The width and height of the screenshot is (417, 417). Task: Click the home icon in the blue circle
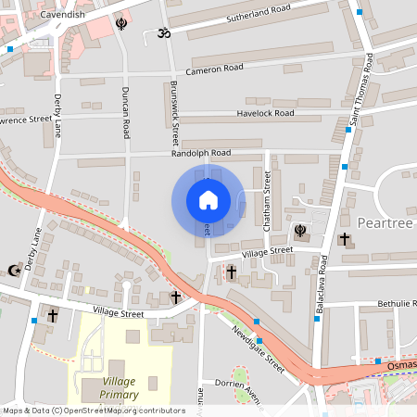pyautogui.click(x=208, y=199)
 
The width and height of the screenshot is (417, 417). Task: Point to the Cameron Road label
pyautogui.click(x=214, y=69)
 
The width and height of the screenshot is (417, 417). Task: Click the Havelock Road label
pyautogui.click(x=264, y=113)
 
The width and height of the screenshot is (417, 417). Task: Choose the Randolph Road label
pyautogui.click(x=201, y=153)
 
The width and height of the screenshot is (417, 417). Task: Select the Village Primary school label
pyautogui.click(x=120, y=387)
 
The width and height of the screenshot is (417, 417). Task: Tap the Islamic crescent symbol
pyautogui.click(x=13, y=271)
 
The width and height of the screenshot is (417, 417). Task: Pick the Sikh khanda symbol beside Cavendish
pyautogui.click(x=121, y=23)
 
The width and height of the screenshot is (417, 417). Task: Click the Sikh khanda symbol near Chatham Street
pyautogui.click(x=300, y=230)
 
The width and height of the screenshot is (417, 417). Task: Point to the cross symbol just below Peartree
pyautogui.click(x=345, y=239)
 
